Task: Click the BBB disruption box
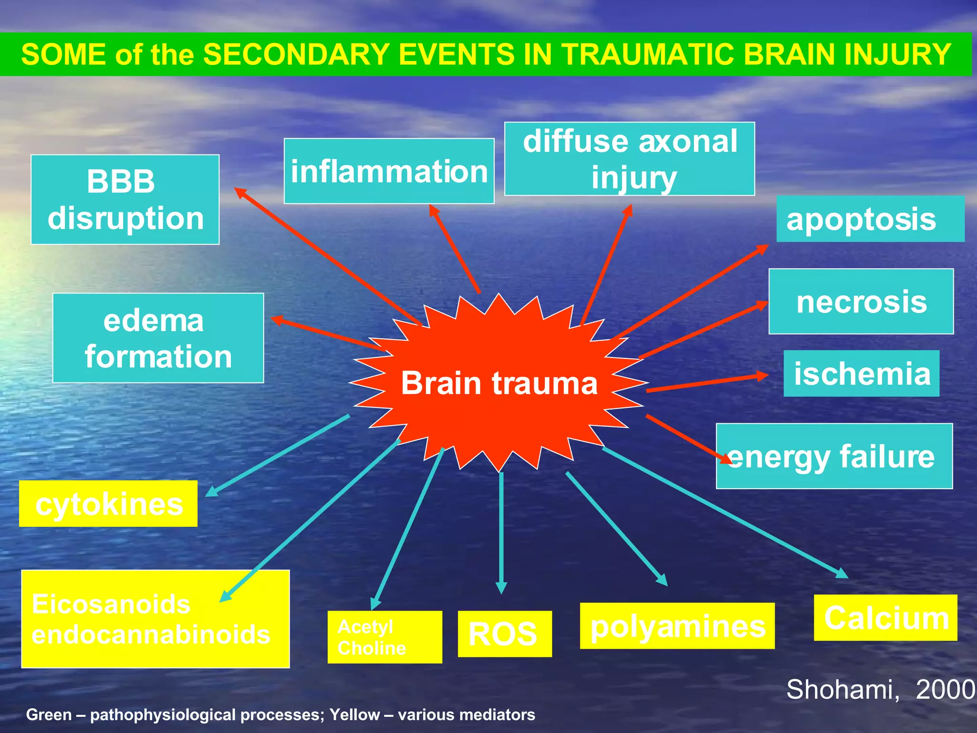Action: point(125,199)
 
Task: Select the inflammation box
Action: point(389,171)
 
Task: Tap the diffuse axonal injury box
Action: point(630,159)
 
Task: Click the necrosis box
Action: point(861,302)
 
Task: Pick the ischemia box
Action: point(862,374)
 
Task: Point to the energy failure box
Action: point(834,456)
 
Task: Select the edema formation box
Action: point(158,338)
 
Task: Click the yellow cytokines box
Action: point(108,504)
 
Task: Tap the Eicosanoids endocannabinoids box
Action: point(155,619)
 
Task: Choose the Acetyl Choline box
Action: point(385,637)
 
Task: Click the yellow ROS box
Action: point(505,634)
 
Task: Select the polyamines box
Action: point(677,626)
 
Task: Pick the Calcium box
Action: point(885,618)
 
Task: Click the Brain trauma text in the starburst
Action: point(499,383)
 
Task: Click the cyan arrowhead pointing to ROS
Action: point(501,588)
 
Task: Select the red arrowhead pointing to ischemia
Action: point(762,376)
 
